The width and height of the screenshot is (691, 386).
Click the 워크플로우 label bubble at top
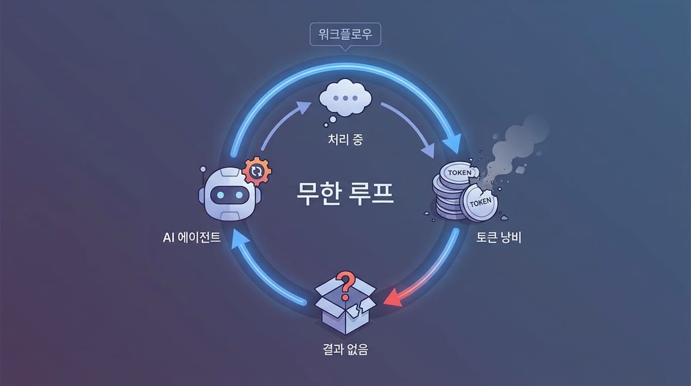[x=345, y=35]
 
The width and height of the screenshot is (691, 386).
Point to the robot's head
[x=230, y=194]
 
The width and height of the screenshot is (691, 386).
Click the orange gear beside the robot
[x=257, y=171]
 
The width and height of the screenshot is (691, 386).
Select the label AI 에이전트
[x=192, y=237]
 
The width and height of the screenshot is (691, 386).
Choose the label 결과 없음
[x=345, y=349]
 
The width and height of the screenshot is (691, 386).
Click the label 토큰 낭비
[x=498, y=237]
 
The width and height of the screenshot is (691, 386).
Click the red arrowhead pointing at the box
[x=393, y=300]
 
